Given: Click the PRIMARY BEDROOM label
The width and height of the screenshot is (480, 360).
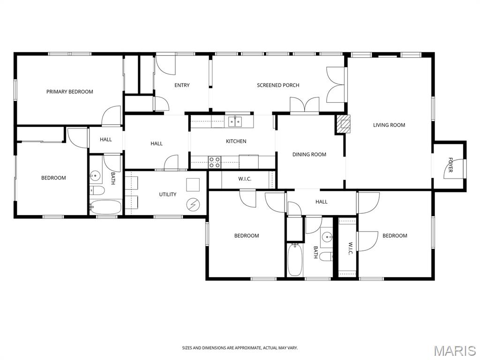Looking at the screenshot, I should [69, 92].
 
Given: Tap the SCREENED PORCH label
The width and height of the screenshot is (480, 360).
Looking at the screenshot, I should [278, 85].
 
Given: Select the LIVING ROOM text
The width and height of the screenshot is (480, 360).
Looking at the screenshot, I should [389, 125].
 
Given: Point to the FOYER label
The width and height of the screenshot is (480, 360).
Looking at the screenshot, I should [450, 165].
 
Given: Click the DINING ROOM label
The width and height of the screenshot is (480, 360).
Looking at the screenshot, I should [309, 155].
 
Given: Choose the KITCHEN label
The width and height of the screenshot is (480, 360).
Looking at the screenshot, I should [236, 141].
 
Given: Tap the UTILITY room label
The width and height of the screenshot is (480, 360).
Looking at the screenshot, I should [167, 195].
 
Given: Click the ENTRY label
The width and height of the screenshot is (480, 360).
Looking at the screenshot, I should [182, 85].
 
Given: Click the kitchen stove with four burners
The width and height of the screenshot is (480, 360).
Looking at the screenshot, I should [215, 162].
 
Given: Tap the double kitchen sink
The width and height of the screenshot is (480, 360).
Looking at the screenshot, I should [235, 122].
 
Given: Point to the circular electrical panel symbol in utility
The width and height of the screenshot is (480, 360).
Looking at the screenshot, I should [192, 204].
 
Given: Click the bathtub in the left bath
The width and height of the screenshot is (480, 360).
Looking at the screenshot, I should [105, 207].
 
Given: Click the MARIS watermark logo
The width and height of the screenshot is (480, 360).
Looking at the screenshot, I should [454, 350].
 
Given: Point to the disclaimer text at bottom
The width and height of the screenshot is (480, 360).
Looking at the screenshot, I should [240, 348].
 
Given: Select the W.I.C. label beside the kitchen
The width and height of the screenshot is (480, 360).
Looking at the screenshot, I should [245, 179].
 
